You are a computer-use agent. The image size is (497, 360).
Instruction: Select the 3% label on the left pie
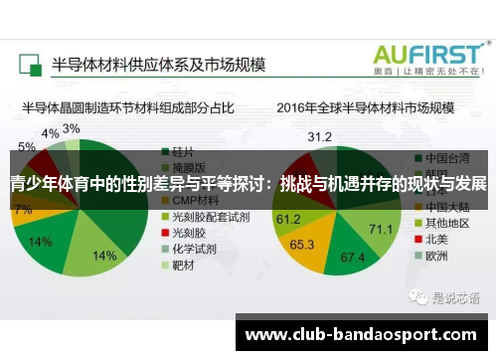72,129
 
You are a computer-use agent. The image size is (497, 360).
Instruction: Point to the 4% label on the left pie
50,133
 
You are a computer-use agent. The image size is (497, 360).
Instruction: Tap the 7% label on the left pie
22,210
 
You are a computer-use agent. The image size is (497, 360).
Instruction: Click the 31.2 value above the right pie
319,136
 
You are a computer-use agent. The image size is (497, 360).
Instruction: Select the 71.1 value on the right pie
381,229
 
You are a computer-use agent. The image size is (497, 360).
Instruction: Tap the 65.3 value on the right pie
302,244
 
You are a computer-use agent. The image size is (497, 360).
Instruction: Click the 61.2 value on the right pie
288,219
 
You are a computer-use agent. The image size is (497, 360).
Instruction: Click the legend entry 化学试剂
194,249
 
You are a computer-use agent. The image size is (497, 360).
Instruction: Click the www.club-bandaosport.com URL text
364,335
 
